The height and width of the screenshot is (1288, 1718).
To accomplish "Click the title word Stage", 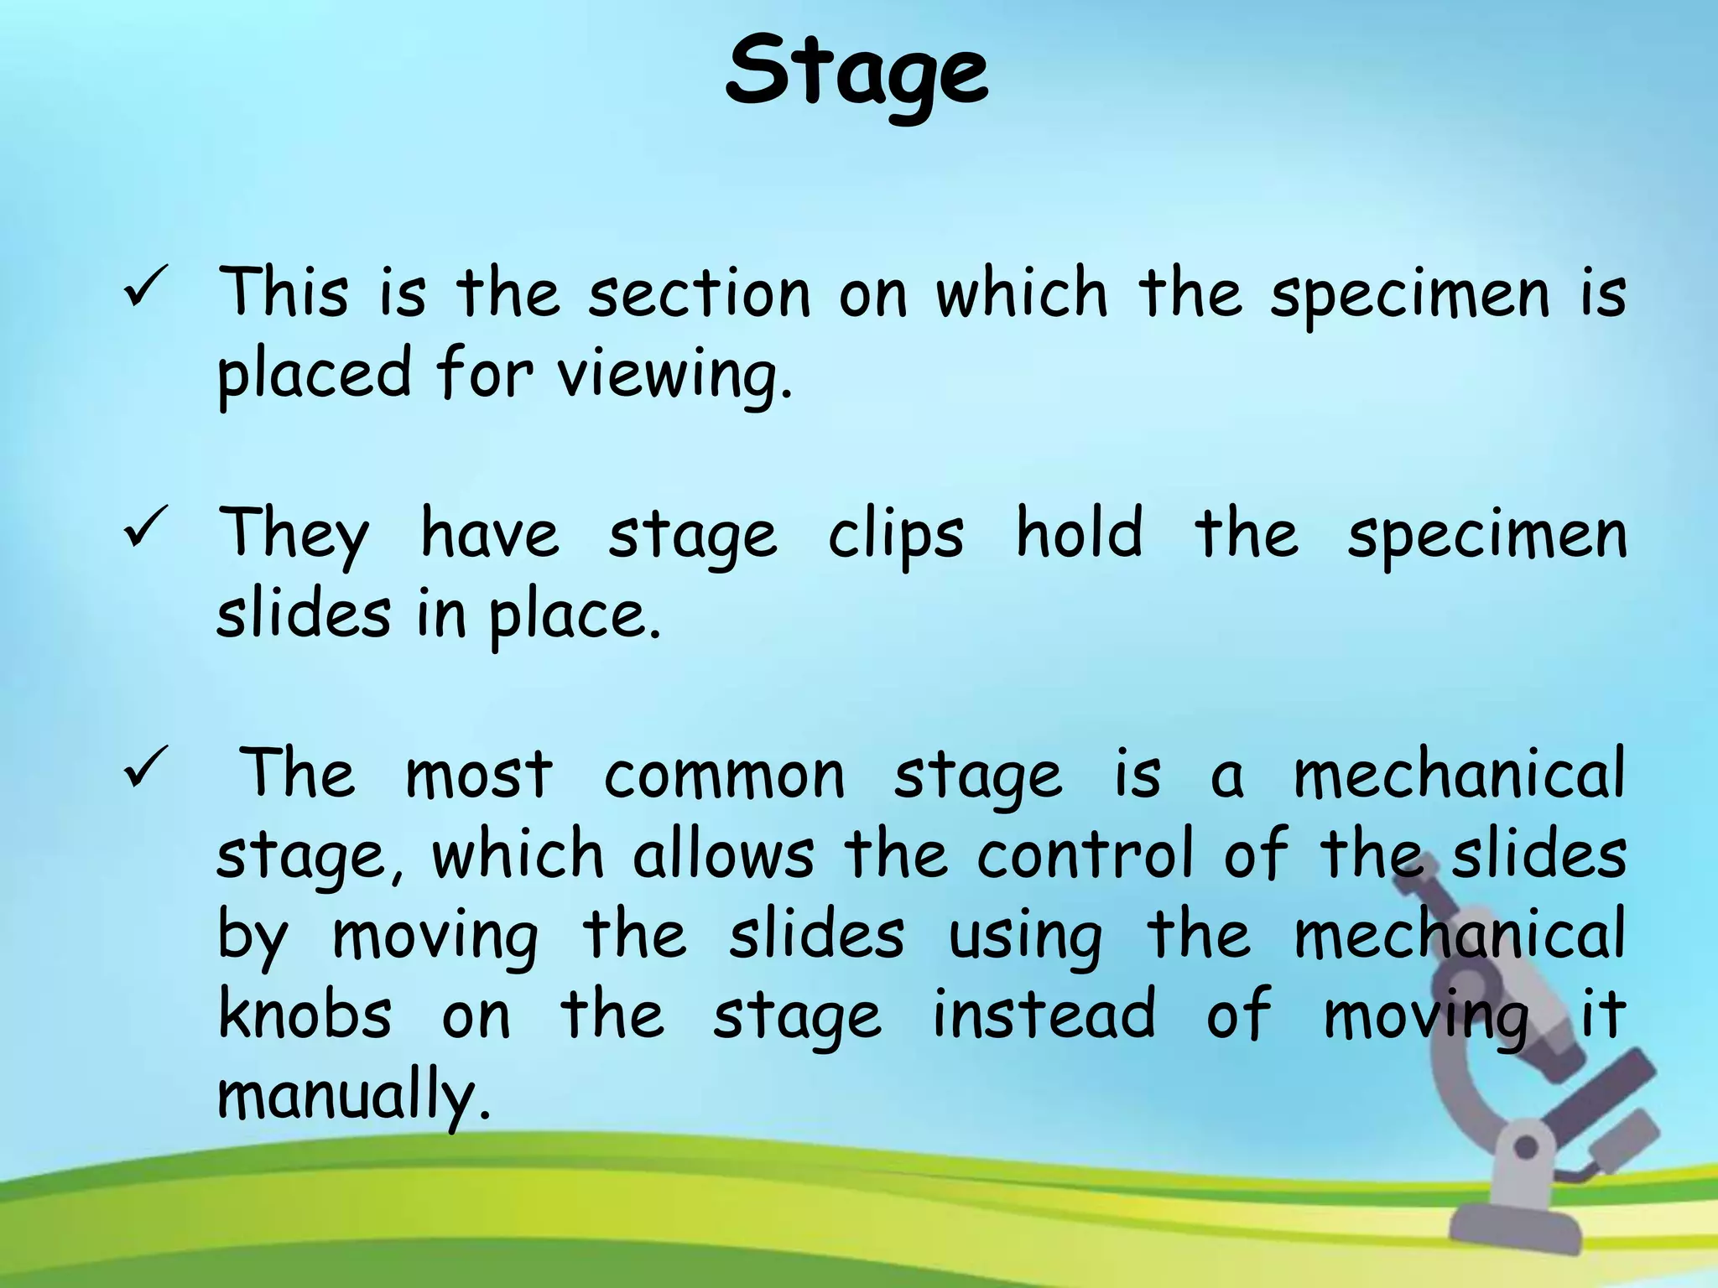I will click(x=856, y=74).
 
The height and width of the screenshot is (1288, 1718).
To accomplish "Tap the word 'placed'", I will click(x=315, y=375).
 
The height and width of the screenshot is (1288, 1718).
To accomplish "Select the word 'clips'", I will click(x=896, y=536).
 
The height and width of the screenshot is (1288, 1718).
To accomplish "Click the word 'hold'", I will click(x=1079, y=532).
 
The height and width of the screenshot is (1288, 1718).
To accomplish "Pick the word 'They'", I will click(x=294, y=536).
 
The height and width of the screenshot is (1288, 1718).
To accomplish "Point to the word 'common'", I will click(x=724, y=776).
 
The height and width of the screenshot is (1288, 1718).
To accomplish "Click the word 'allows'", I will click(x=723, y=855).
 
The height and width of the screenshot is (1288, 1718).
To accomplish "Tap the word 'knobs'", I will click(x=305, y=1015).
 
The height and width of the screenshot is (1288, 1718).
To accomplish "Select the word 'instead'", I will click(x=1044, y=1015).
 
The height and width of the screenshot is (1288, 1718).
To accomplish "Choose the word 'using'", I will click(x=1025, y=937).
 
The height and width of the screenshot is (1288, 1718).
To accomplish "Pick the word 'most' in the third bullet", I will click(x=479, y=776).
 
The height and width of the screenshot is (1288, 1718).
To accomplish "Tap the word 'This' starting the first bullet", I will click(x=284, y=293).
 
